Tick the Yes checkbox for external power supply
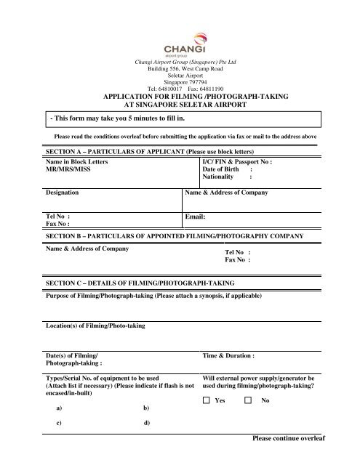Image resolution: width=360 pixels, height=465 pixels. coord(207,400)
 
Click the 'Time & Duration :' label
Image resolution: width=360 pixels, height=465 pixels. coord(228,357)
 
